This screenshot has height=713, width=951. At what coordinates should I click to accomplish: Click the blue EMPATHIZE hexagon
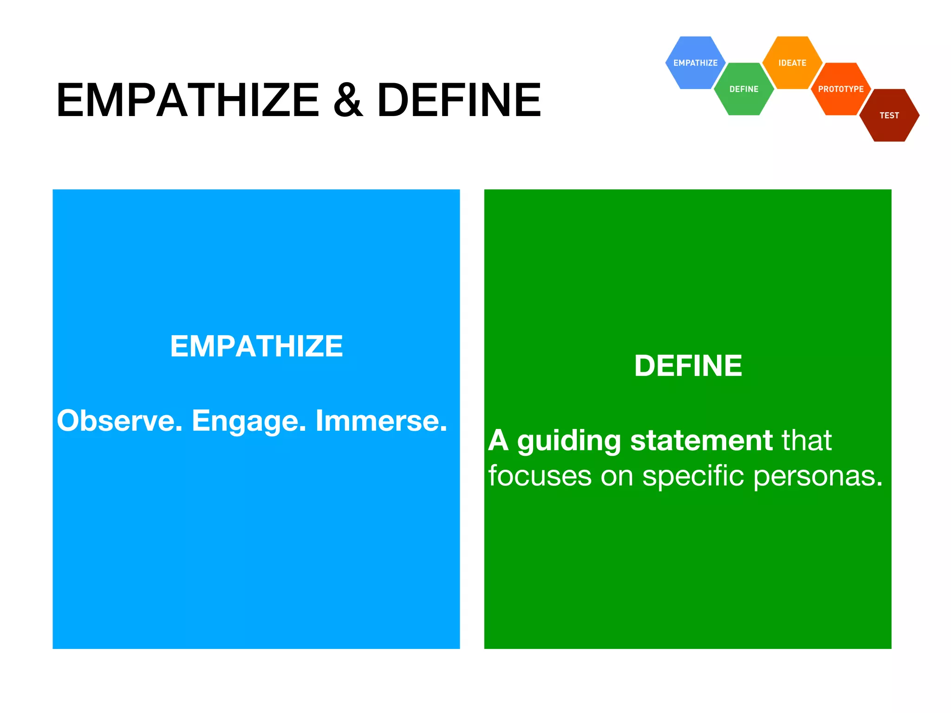tap(695, 63)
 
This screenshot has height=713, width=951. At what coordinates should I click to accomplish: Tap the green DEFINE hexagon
tap(743, 89)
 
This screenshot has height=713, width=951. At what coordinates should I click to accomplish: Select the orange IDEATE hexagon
tap(792, 63)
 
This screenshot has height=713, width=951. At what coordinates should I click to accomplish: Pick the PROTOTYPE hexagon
tap(840, 89)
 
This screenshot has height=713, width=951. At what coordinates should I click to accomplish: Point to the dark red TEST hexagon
tap(889, 116)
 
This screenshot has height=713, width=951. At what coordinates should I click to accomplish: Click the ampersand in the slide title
tap(348, 100)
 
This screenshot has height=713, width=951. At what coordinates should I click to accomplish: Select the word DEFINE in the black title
tap(459, 100)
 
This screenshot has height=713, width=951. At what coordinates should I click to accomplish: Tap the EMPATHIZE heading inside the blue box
tap(256, 346)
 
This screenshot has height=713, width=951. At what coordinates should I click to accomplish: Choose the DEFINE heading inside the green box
tap(688, 366)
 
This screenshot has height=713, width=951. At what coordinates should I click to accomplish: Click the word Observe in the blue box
tap(119, 421)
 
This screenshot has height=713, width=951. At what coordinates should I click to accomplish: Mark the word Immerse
tap(381, 421)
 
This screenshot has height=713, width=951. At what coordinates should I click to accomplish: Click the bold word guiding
tap(569, 441)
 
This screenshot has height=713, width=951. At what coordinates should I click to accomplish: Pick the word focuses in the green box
tap(540, 476)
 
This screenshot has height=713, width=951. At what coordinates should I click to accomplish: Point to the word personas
tap(817, 477)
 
